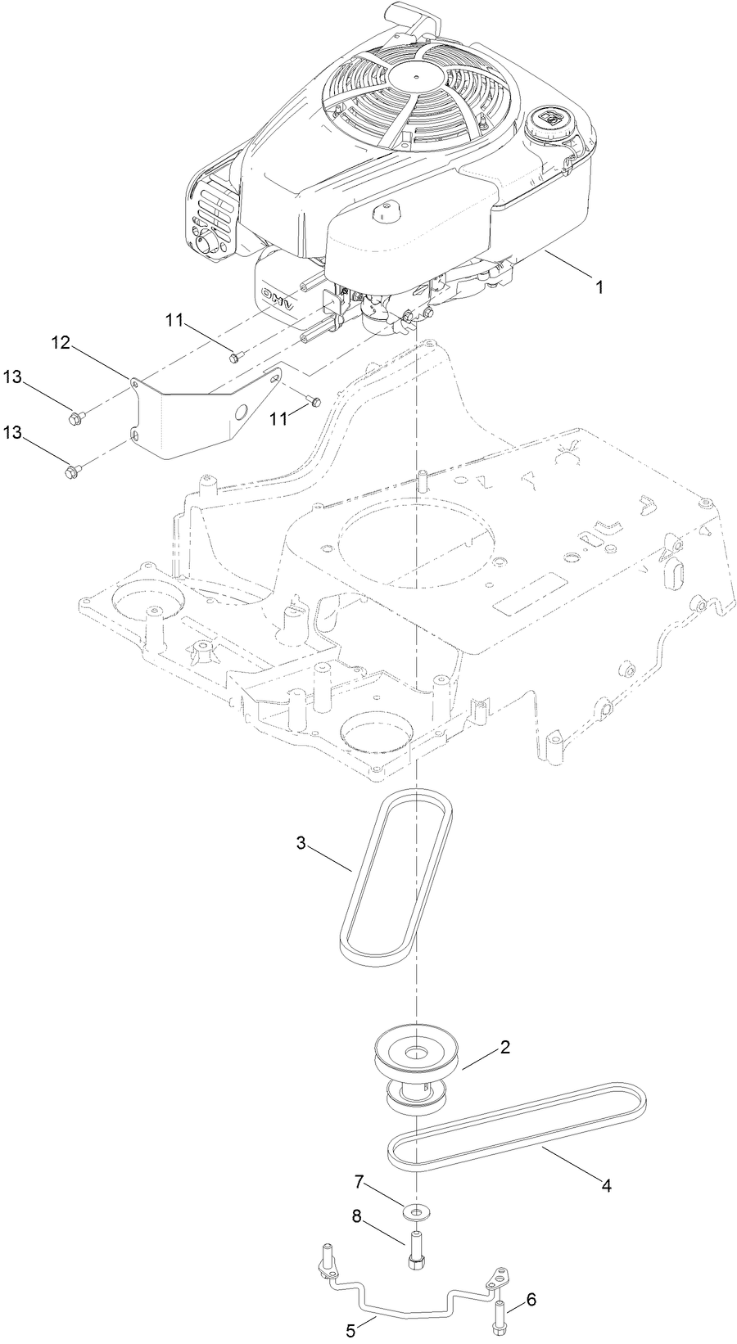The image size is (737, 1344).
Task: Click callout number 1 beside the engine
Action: coord(599,287)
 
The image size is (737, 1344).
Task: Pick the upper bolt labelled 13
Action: coord(74,418)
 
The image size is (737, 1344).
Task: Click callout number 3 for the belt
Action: coord(301,843)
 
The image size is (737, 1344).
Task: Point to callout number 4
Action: coord(607,1184)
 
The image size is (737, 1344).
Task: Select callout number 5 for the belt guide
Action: coord(350,1331)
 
